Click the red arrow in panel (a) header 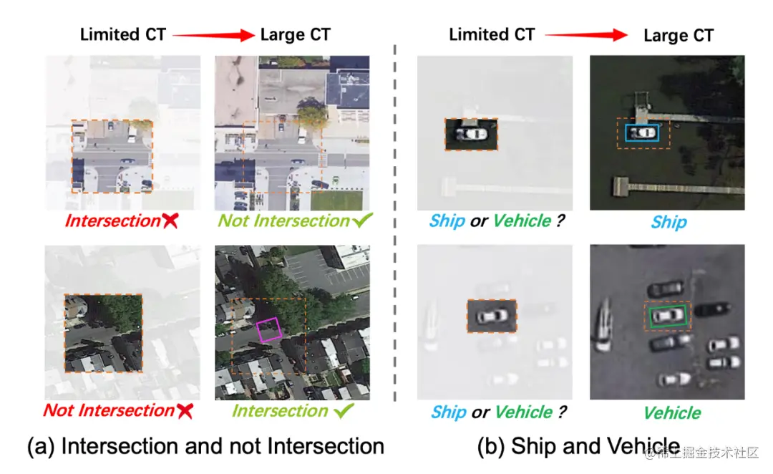click(213, 34)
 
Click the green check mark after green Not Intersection click(363, 221)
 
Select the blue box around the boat click(642, 132)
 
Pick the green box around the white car click(667, 315)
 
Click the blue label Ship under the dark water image click(669, 222)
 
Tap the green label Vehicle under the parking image click(672, 413)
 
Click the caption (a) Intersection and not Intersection click(205, 446)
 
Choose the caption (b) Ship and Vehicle click(578, 446)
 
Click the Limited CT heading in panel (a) click(122, 34)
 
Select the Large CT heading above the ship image click(678, 35)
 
